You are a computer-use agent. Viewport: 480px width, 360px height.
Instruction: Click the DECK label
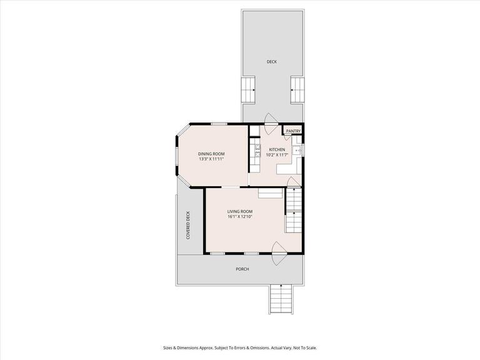tap(271, 61)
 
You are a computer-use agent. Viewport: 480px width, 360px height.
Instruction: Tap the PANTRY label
tap(293, 131)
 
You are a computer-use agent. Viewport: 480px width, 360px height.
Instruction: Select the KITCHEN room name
tap(277, 149)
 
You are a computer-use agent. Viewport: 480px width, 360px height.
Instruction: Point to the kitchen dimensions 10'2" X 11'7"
tap(277, 155)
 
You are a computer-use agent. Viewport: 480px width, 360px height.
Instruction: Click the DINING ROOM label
tap(211, 154)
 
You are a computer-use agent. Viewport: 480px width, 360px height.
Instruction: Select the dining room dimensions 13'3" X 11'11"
tap(211, 159)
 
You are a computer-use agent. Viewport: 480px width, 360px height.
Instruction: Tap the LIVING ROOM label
tap(239, 211)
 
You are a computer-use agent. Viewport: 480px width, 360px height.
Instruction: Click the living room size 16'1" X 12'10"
tap(239, 217)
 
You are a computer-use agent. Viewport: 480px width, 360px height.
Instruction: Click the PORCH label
tap(242, 269)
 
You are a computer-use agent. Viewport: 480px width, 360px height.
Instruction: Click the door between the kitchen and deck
tap(271, 120)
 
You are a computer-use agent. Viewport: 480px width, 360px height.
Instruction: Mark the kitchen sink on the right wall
tap(298, 151)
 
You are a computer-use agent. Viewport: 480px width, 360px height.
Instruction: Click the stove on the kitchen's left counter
tap(256, 149)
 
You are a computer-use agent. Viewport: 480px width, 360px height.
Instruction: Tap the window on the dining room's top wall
tap(218, 124)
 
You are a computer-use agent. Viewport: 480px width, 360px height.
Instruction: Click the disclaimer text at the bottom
tap(240, 348)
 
